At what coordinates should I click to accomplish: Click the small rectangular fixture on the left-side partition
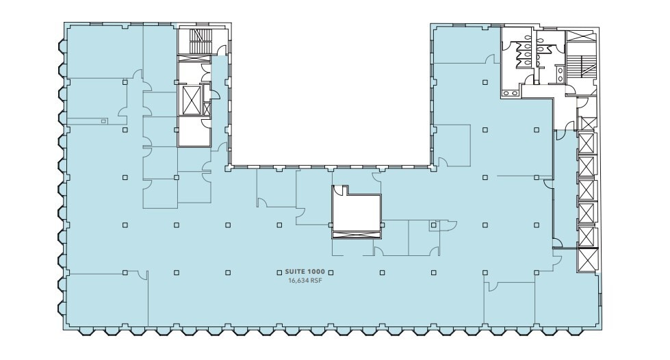pos(103,121)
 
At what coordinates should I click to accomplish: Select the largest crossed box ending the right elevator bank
pos(587,260)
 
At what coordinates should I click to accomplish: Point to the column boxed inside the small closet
pos(433,224)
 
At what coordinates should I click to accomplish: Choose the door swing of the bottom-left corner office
pos(142,274)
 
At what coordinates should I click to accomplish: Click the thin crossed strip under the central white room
pos(355,235)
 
